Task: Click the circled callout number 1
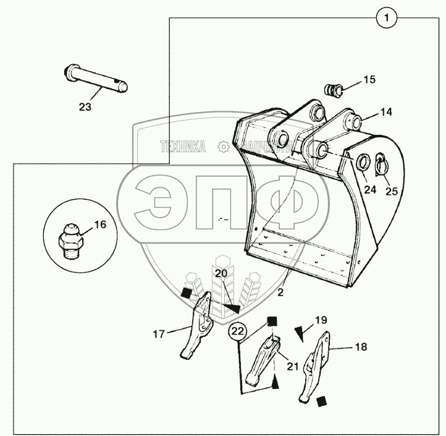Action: (386, 19)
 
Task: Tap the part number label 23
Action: (85, 107)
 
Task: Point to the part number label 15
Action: (369, 80)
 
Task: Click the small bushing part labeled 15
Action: (335, 90)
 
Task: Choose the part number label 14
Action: (386, 113)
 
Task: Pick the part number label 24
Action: (370, 190)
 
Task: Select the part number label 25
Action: (392, 191)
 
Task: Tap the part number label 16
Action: (100, 224)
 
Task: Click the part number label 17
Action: (159, 334)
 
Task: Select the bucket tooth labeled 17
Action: (196, 327)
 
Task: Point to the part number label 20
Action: (221, 273)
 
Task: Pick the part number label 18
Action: (360, 347)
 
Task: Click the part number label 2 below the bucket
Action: (281, 293)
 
